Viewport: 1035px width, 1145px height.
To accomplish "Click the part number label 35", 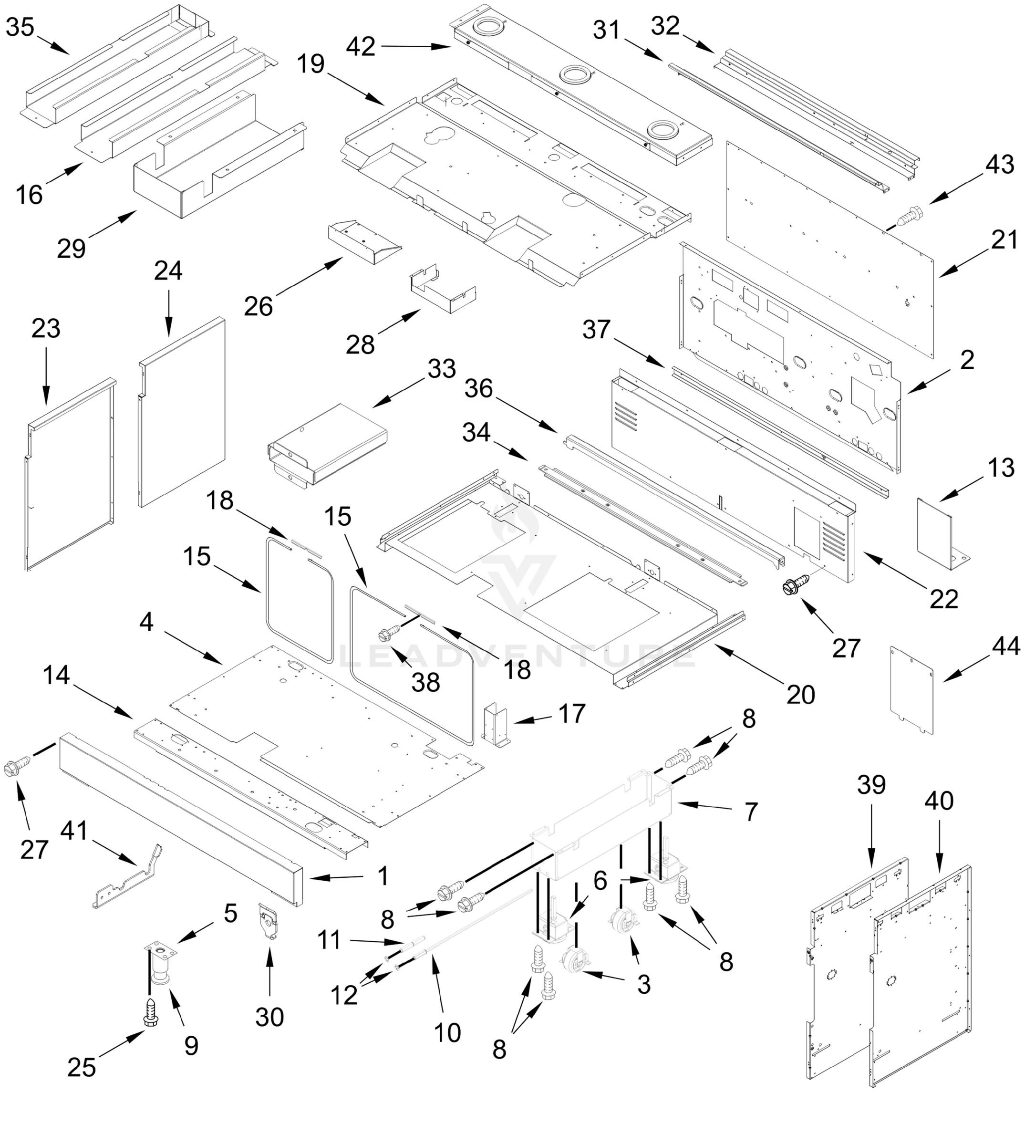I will pos(20,27).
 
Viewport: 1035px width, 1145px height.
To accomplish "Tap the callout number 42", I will pos(361,47).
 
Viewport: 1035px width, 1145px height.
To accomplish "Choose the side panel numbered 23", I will pos(68,477).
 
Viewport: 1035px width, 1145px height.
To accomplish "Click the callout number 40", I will pos(939,801).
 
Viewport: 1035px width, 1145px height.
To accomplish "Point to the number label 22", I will pos(943,599).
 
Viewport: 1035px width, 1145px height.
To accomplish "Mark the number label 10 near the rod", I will pos(447,1032).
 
